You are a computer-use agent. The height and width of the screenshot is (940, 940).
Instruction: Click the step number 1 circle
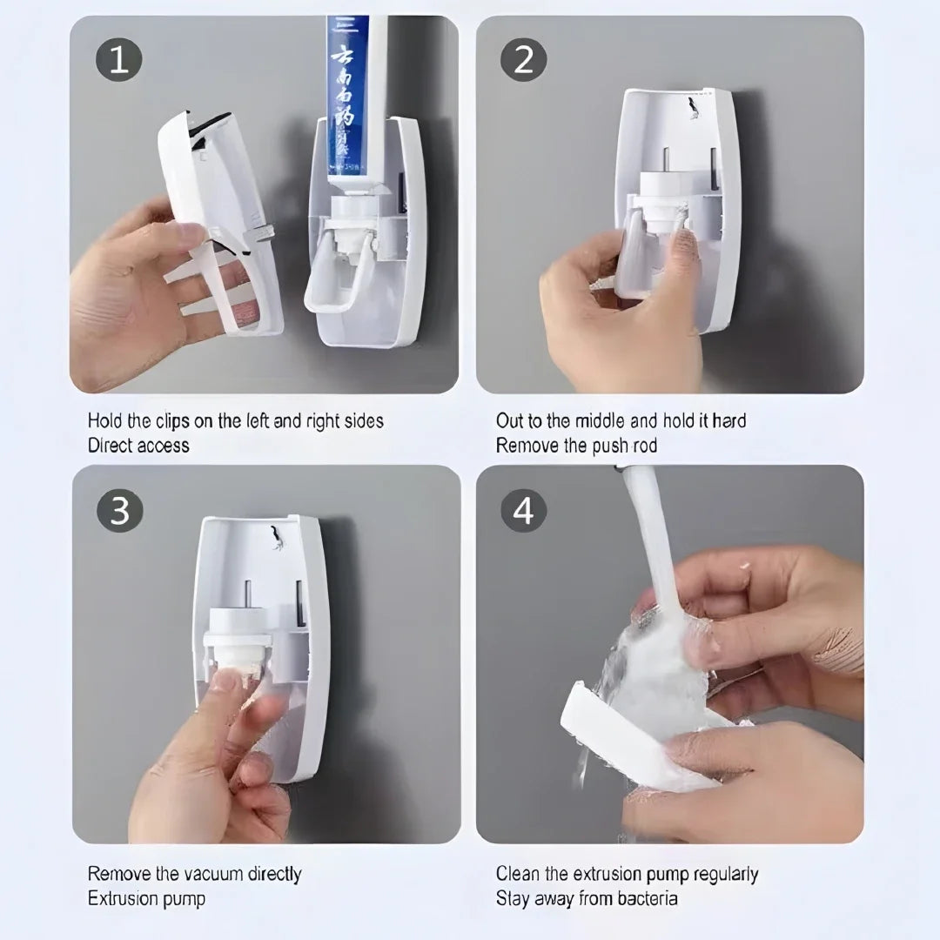[118, 60]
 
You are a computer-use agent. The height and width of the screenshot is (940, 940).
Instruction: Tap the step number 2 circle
[523, 60]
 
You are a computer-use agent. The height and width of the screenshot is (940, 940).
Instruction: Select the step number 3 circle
[118, 510]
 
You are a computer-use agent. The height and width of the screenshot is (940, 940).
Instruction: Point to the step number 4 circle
[523, 510]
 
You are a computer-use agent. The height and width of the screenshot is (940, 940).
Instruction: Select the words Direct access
[138, 446]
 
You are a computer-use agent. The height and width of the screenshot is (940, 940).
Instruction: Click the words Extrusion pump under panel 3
[146, 898]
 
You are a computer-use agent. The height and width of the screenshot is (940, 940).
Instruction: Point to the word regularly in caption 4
[715, 874]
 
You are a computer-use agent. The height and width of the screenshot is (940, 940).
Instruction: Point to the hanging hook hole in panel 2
[692, 108]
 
